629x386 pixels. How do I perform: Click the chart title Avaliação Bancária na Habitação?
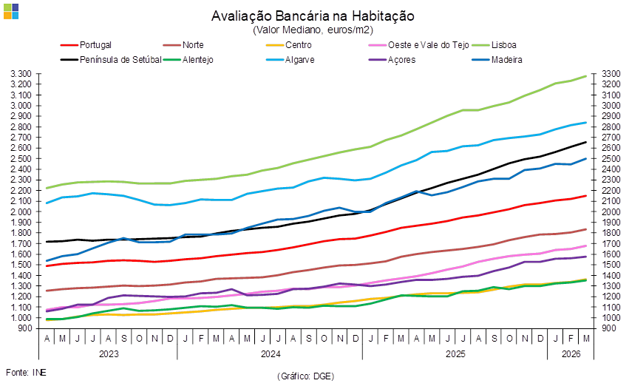coord(313,16)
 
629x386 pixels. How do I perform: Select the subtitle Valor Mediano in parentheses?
coord(313,30)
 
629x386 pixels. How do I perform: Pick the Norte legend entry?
coord(192,45)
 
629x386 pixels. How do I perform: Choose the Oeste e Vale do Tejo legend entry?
coord(419,45)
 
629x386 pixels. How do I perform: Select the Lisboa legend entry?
coord(505,45)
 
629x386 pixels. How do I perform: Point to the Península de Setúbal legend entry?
coord(120,59)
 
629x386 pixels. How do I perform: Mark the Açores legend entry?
coord(401,59)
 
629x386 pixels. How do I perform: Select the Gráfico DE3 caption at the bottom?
coord(306,376)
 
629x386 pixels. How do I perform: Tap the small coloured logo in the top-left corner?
coord(11,10)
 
